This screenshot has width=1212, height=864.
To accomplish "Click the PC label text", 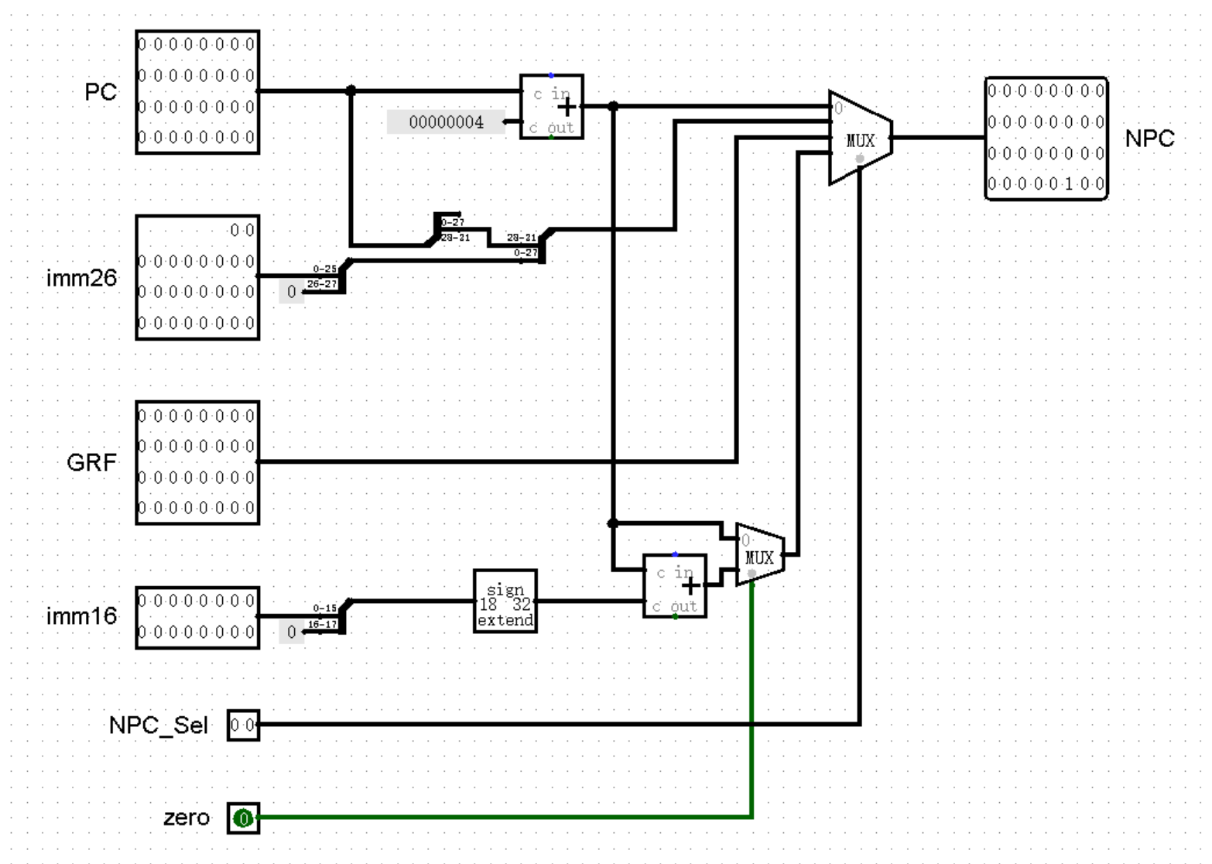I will [x=101, y=92].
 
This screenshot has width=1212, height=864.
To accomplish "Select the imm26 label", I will [x=81, y=277].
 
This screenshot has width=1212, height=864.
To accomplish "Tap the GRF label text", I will [x=91, y=462].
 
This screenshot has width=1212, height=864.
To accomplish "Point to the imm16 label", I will [x=81, y=616].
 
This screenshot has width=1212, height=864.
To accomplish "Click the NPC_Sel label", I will [x=158, y=725].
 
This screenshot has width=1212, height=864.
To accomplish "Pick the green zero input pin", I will [x=243, y=818].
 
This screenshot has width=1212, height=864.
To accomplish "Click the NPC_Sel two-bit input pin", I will [x=243, y=725].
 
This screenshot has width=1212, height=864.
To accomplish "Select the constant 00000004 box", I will [x=446, y=122].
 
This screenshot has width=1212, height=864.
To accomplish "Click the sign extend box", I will [x=505, y=602].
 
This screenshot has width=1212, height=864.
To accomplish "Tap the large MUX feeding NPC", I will [x=860, y=139].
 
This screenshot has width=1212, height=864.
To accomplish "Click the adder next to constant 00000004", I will [x=551, y=107].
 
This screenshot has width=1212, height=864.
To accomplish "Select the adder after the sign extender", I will [x=675, y=586].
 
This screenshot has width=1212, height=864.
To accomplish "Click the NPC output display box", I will [x=1046, y=139].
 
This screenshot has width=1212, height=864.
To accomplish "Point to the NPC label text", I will [x=1149, y=139].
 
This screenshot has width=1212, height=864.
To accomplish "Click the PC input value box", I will [x=197, y=92].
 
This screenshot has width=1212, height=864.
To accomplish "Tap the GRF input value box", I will [x=197, y=462].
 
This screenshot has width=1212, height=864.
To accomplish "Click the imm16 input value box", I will [x=197, y=617].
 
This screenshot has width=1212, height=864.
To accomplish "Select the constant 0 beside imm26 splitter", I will [x=291, y=292].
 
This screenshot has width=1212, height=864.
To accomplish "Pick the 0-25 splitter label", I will [x=325, y=269].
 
